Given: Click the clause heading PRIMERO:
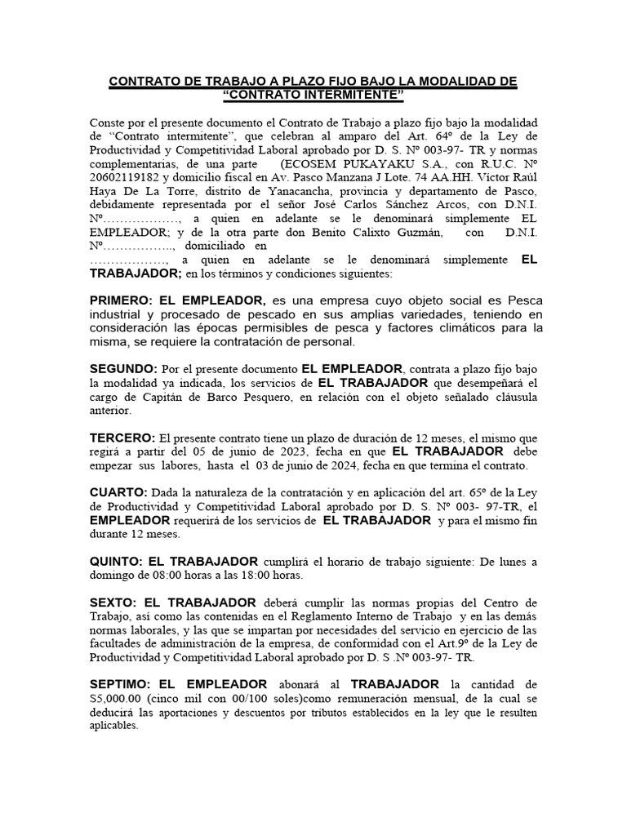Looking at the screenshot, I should (x=120, y=300).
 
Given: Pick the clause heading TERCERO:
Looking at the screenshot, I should (x=122, y=437).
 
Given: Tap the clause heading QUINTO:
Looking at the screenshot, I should (x=117, y=561).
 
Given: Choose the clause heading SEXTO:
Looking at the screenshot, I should (x=113, y=603).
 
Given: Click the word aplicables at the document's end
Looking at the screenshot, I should (x=114, y=726).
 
